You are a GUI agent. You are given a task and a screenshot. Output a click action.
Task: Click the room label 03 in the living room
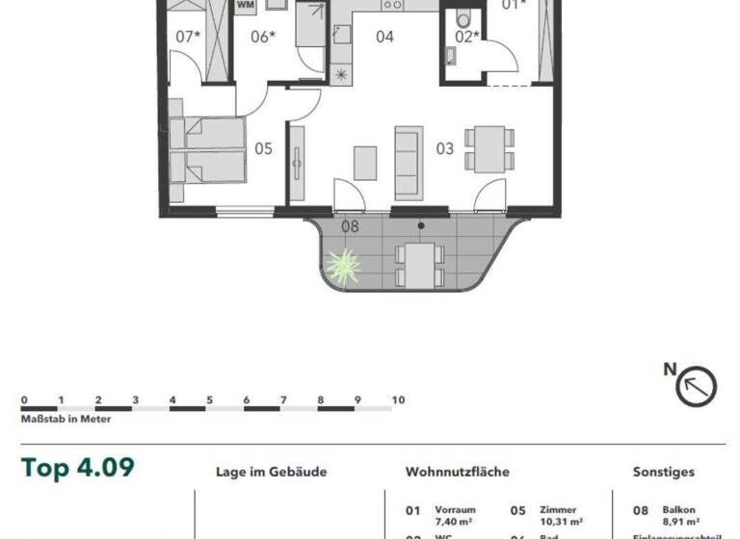pyautogui.click(x=444, y=149)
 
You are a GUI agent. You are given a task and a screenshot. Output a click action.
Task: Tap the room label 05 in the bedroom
pyautogui.click(x=263, y=149)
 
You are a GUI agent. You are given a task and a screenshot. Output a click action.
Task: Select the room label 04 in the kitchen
pyautogui.click(x=384, y=38)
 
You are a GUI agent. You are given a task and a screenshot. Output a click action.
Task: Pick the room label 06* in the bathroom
pyautogui.click(x=263, y=38)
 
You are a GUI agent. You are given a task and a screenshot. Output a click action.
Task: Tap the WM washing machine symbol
pyautogui.click(x=246, y=5)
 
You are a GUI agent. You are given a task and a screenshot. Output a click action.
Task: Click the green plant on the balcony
pyautogui.click(x=341, y=265)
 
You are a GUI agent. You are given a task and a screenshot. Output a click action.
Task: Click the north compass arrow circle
pyautogui.click(x=697, y=387)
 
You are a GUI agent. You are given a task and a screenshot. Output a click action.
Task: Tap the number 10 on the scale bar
pyautogui.click(x=398, y=400)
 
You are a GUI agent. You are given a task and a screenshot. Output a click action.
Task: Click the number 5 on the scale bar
pyautogui.click(x=209, y=400)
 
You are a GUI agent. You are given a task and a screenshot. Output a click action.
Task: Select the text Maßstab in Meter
pyautogui.click(x=66, y=420)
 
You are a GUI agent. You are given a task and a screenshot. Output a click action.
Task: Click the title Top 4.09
pyautogui.click(x=78, y=469)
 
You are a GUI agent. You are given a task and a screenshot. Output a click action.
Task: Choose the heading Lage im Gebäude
pyautogui.click(x=272, y=473)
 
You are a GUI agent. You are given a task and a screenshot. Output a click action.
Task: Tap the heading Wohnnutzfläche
pyautogui.click(x=458, y=473)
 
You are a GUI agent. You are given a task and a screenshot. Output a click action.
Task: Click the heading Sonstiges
pyautogui.click(x=663, y=473)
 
